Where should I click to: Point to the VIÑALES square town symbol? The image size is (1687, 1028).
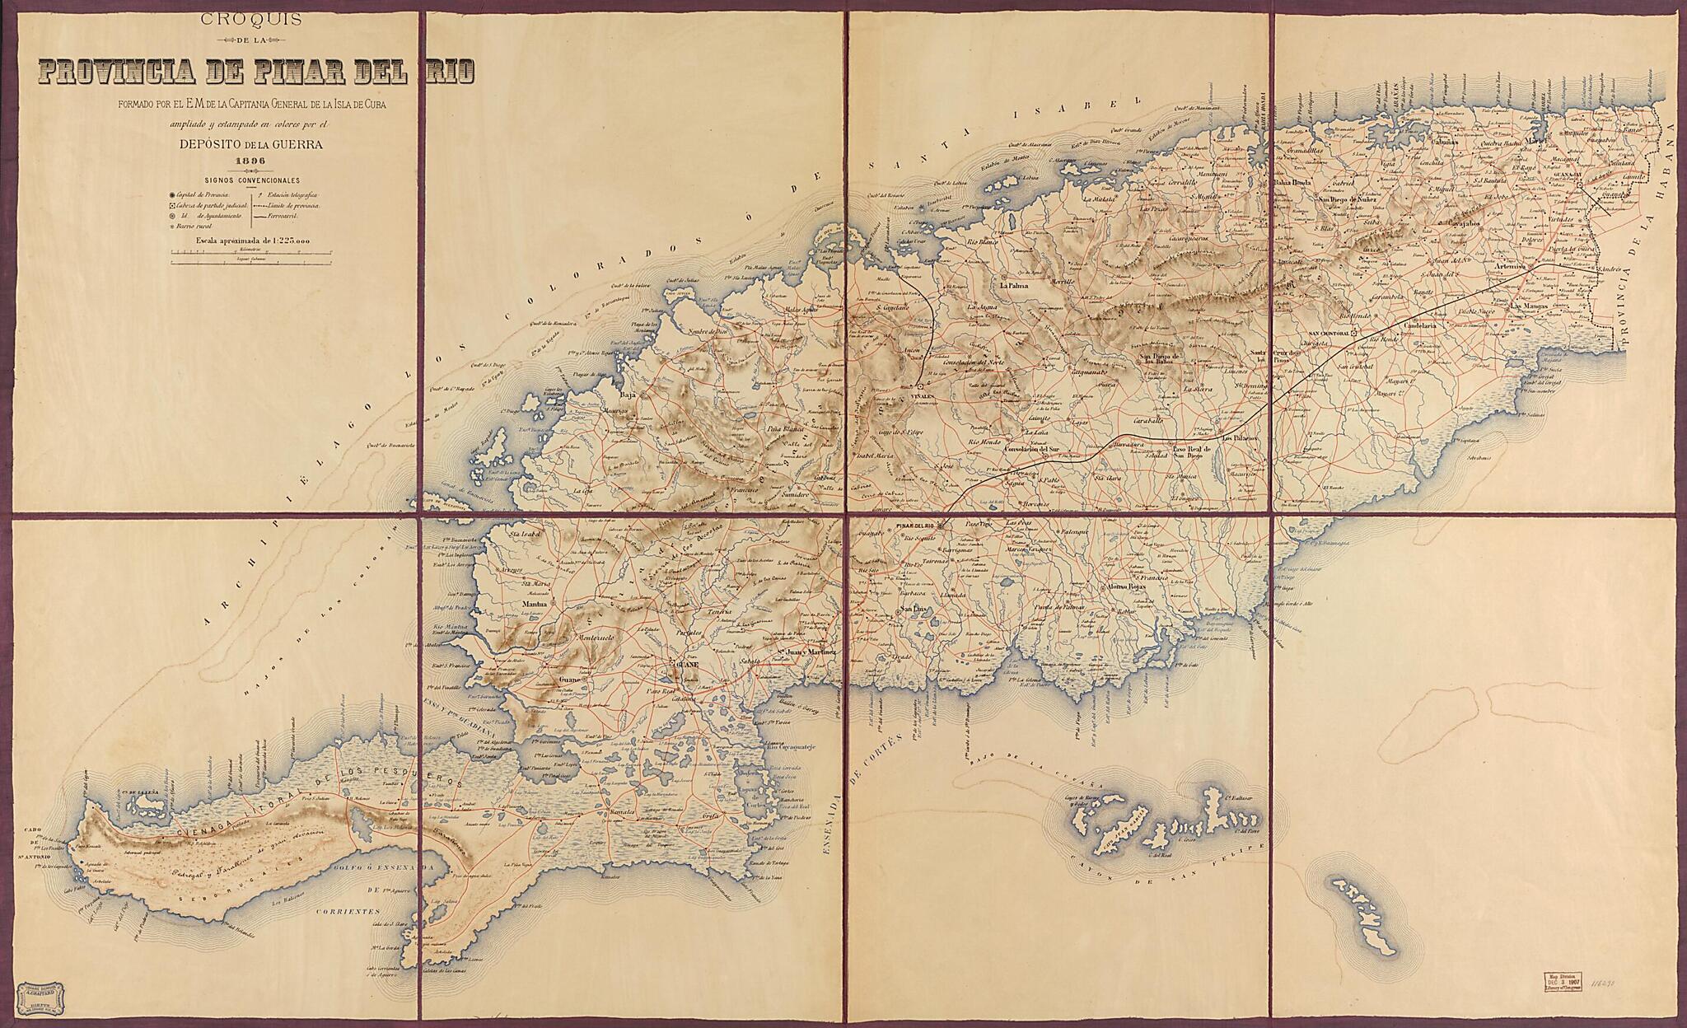tap(920, 385)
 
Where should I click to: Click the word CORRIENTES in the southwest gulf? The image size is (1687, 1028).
tap(345, 913)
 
